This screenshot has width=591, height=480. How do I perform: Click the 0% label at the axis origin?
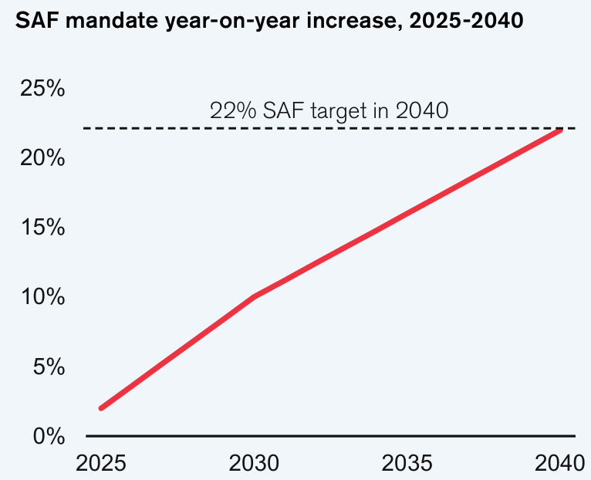(48, 436)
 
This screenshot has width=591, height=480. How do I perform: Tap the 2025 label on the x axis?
(101, 464)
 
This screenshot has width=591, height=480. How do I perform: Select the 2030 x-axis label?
(255, 464)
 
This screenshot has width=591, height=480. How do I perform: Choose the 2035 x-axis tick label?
(408, 464)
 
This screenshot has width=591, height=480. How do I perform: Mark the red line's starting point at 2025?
(101, 408)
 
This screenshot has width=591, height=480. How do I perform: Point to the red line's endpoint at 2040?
(561, 130)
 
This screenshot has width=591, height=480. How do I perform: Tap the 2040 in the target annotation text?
(422, 110)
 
